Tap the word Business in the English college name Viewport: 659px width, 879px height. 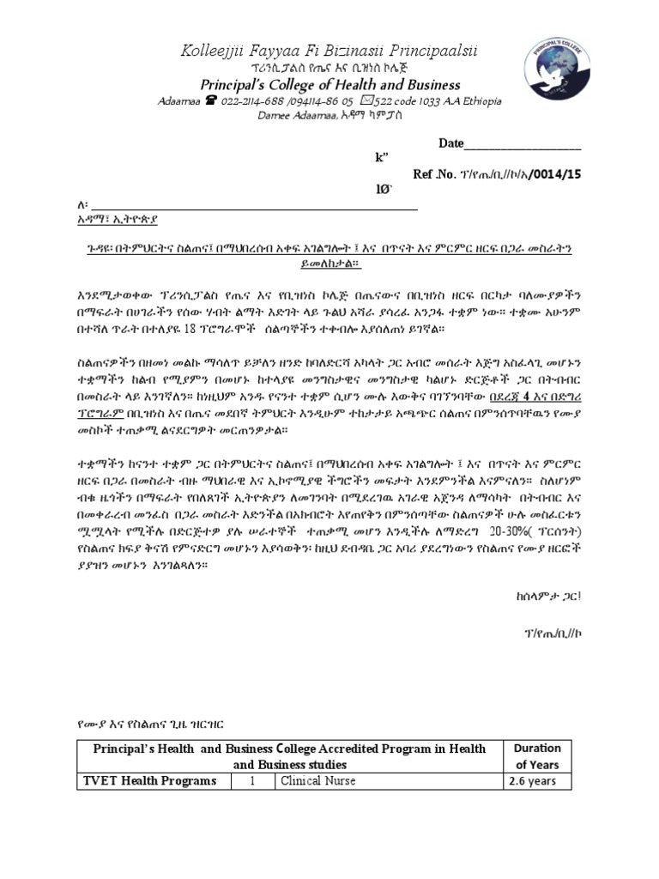(x=432, y=85)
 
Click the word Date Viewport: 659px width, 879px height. (x=450, y=143)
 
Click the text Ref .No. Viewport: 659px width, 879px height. (x=434, y=173)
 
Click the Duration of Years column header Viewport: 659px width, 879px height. (x=537, y=756)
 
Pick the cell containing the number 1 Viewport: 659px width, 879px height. (x=252, y=781)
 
